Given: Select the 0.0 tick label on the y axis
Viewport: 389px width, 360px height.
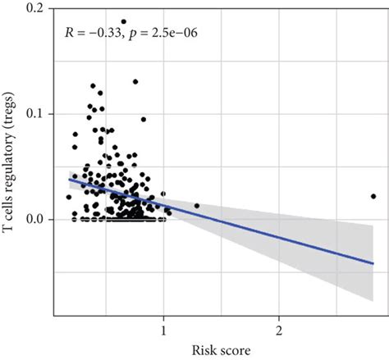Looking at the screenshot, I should pos(36,219).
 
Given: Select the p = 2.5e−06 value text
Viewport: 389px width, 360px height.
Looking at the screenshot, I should pos(167,33).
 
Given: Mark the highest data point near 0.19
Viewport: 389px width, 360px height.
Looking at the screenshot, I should pos(124,22).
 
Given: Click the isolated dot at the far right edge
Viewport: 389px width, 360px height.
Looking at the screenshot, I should pos(373,196).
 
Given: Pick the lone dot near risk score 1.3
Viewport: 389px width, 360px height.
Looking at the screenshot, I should pos(196,206).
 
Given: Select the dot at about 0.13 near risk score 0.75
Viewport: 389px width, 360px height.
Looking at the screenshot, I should pos(135,82).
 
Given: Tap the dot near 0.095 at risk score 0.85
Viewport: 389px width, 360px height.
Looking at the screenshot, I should pos(143,119).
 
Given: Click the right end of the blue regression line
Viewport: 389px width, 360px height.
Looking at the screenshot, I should pos(373,263).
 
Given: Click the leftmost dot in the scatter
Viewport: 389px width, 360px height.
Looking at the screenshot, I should pos(69,197).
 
